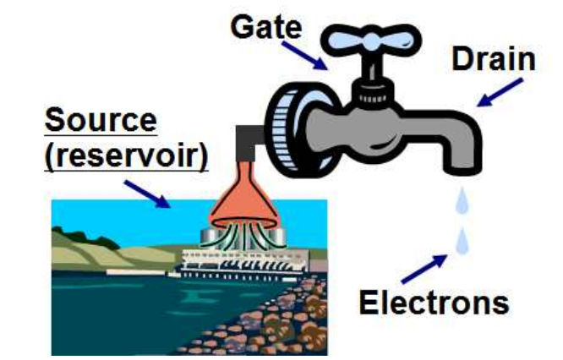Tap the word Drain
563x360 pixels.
click(494, 59)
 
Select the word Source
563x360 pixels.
click(101, 120)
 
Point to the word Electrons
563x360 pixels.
click(442, 301)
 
